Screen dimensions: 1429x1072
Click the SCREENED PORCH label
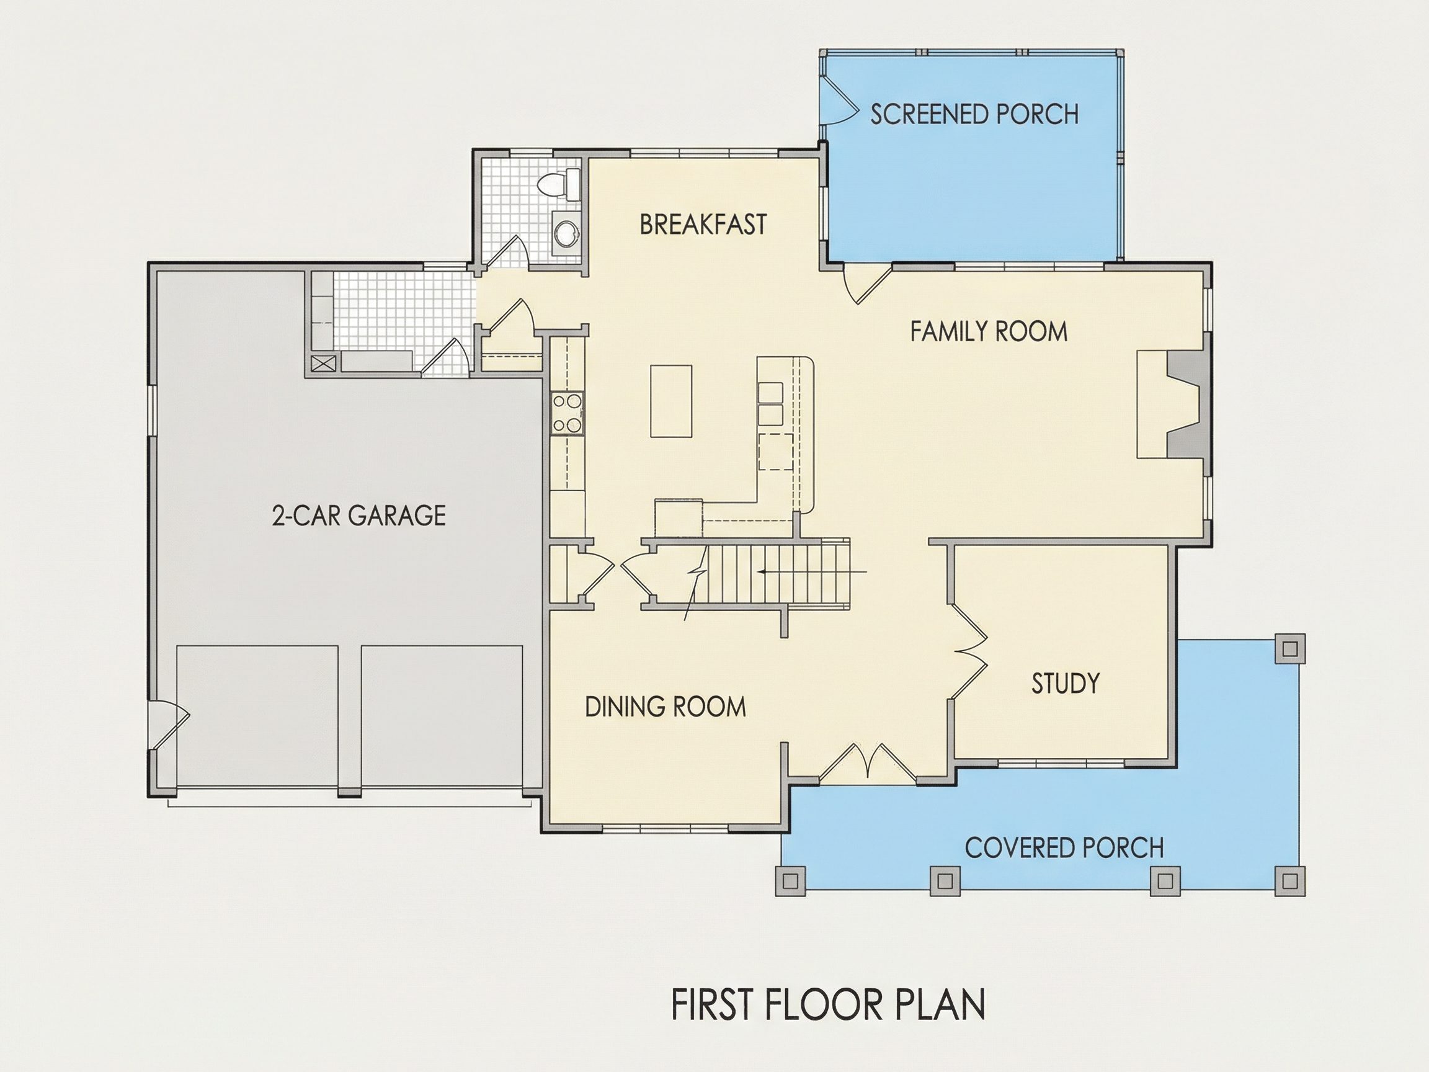(974, 114)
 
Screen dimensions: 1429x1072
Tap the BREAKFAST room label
(703, 225)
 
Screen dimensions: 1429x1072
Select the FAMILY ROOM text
(989, 331)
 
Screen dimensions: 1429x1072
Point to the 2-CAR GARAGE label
(358, 516)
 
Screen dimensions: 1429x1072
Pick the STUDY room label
(1066, 683)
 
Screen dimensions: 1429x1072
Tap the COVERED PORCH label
(1064, 848)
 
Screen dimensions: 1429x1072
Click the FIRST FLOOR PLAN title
(829, 1004)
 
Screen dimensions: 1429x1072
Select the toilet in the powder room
(559, 183)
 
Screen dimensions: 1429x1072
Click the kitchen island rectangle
(671, 401)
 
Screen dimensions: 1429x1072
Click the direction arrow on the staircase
(812, 572)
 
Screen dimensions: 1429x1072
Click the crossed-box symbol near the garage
(324, 363)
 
